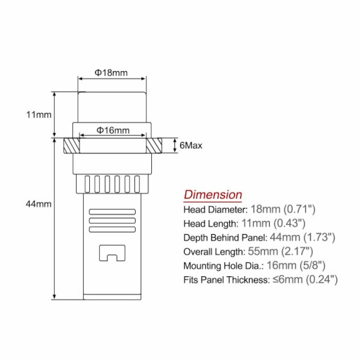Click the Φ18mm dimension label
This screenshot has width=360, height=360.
tap(111, 72)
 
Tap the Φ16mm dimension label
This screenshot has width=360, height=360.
tap(113, 130)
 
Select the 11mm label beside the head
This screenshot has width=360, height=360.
tap(39, 115)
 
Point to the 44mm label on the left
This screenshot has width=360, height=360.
tap(39, 204)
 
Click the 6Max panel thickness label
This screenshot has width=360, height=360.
tap(191, 146)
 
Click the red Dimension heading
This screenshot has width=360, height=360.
tap(213, 195)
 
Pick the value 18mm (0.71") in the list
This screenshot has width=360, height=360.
tap(283, 209)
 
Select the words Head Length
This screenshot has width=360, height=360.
tap(211, 224)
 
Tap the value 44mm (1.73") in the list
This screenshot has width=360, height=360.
tap(302, 238)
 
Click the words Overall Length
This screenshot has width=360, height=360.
tap(214, 252)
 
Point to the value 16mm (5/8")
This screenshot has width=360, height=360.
tap(296, 266)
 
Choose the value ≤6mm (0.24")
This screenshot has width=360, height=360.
tap(305, 280)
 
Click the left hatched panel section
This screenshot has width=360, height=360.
tap(72, 146)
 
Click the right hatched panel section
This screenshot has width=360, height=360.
tap(154, 146)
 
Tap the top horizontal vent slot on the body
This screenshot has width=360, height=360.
tap(112, 212)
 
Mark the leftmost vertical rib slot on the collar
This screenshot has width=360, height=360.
tap(87, 184)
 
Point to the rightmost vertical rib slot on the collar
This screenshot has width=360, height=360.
tap(137, 184)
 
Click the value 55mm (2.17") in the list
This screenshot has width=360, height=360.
tap(281, 252)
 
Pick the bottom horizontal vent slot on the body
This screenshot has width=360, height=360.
tap(112, 229)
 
